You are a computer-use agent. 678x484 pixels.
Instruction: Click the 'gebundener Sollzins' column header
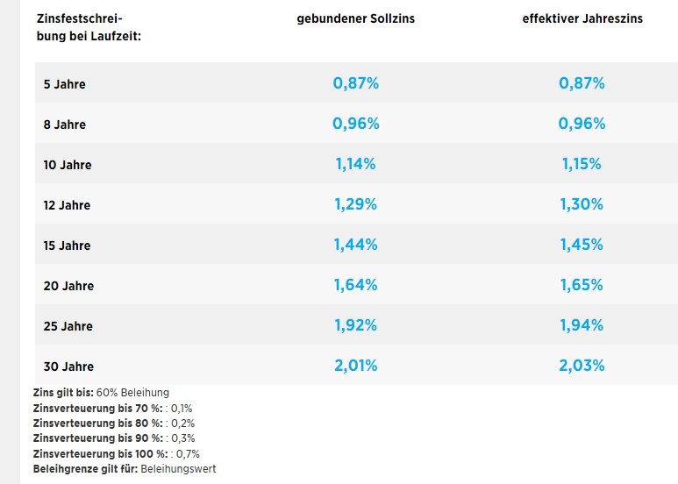coord(355,18)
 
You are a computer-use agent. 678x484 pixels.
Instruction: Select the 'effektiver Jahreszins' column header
coord(582,18)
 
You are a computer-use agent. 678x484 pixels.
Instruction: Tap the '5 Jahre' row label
coord(64,84)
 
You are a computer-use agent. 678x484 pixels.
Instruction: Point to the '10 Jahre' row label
coord(68,165)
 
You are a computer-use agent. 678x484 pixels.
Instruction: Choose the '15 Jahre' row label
coord(68,246)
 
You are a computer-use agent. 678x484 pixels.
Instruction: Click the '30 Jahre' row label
coord(68,367)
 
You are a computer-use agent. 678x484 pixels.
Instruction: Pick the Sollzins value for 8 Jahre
coord(355,124)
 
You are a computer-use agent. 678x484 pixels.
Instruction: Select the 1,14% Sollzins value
coord(355,164)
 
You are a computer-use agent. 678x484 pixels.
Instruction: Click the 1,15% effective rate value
coord(582,164)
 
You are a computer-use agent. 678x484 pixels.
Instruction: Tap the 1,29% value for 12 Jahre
coord(355,204)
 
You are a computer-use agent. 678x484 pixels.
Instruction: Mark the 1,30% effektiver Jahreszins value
coord(582,204)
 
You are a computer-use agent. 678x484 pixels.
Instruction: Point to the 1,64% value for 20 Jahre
coord(355,285)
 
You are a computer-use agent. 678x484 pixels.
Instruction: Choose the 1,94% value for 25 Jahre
coord(582,325)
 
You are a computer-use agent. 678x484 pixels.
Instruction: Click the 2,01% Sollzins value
coord(355,366)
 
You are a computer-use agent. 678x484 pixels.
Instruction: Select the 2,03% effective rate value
coord(582,366)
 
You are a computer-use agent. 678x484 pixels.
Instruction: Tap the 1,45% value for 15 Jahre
coord(582,245)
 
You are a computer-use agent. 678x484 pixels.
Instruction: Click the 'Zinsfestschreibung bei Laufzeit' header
coord(89,26)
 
